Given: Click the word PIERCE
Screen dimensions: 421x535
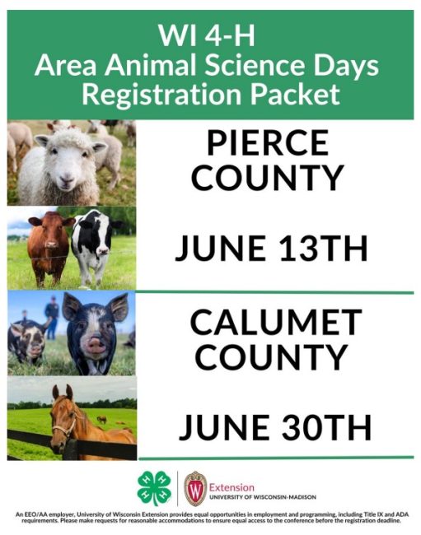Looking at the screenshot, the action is (268, 144).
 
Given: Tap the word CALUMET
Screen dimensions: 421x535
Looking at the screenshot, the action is (276, 323).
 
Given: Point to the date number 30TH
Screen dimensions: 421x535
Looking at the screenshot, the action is (326, 427).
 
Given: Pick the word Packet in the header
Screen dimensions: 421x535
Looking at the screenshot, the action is (295, 94).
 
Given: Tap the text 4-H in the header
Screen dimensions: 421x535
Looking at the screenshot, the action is (230, 36).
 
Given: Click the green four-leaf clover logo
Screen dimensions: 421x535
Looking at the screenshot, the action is (154, 488).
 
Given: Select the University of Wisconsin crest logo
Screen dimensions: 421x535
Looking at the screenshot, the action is (195, 489).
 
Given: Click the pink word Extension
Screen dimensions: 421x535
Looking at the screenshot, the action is (232, 487).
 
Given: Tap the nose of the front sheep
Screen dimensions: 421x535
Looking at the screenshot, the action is (66, 179).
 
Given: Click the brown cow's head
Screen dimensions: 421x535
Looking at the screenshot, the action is (51, 230).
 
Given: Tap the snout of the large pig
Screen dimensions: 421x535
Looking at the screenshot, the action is (96, 346).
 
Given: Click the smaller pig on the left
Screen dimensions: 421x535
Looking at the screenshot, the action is (26, 342).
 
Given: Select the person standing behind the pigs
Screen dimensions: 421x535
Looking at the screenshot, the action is (52, 318).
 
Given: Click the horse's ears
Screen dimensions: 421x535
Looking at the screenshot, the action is (63, 392).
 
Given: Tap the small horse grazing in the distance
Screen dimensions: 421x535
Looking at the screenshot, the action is (102, 419).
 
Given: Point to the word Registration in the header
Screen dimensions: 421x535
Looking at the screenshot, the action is (162, 95).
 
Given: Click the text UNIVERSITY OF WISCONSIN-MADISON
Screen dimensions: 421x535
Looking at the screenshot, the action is (263, 497).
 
